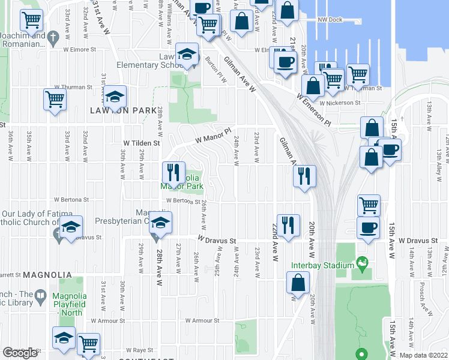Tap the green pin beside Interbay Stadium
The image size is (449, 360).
click(x=362, y=262)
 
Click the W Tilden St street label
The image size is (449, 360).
click(x=142, y=143)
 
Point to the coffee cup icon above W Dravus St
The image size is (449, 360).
click(x=369, y=227)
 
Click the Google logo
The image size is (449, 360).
click(x=20, y=352)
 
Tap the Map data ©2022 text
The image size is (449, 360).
click(x=423, y=355)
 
